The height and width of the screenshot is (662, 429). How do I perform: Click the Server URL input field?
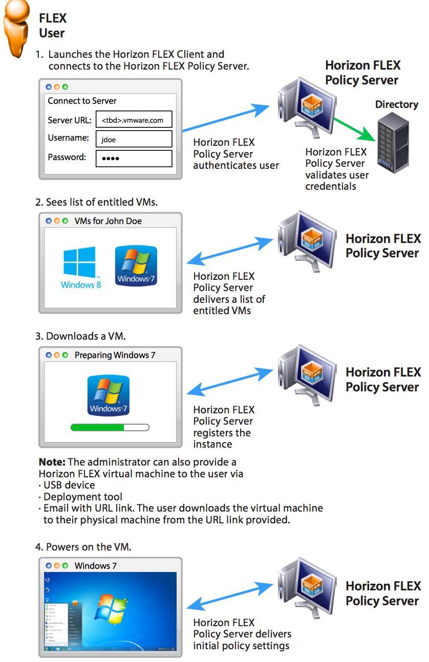134,120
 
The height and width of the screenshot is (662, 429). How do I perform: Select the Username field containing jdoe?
134,139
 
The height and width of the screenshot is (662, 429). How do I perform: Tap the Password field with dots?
134,158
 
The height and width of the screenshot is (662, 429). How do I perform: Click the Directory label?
396,105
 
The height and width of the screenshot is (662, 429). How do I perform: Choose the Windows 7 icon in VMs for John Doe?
136,266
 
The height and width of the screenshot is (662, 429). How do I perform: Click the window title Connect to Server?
82,101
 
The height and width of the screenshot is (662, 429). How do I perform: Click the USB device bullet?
69,485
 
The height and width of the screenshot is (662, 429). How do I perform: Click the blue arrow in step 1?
225,118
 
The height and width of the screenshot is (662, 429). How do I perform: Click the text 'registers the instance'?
222,438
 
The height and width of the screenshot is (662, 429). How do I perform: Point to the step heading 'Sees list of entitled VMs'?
97,202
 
